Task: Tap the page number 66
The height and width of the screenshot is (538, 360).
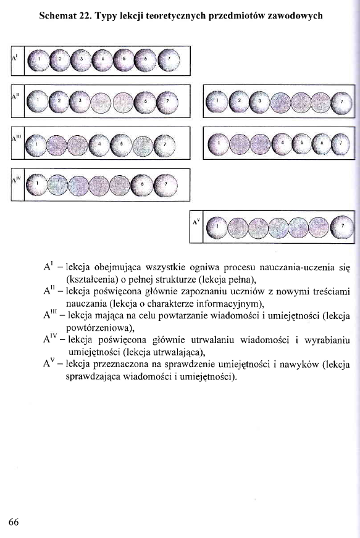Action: point(15,521)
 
